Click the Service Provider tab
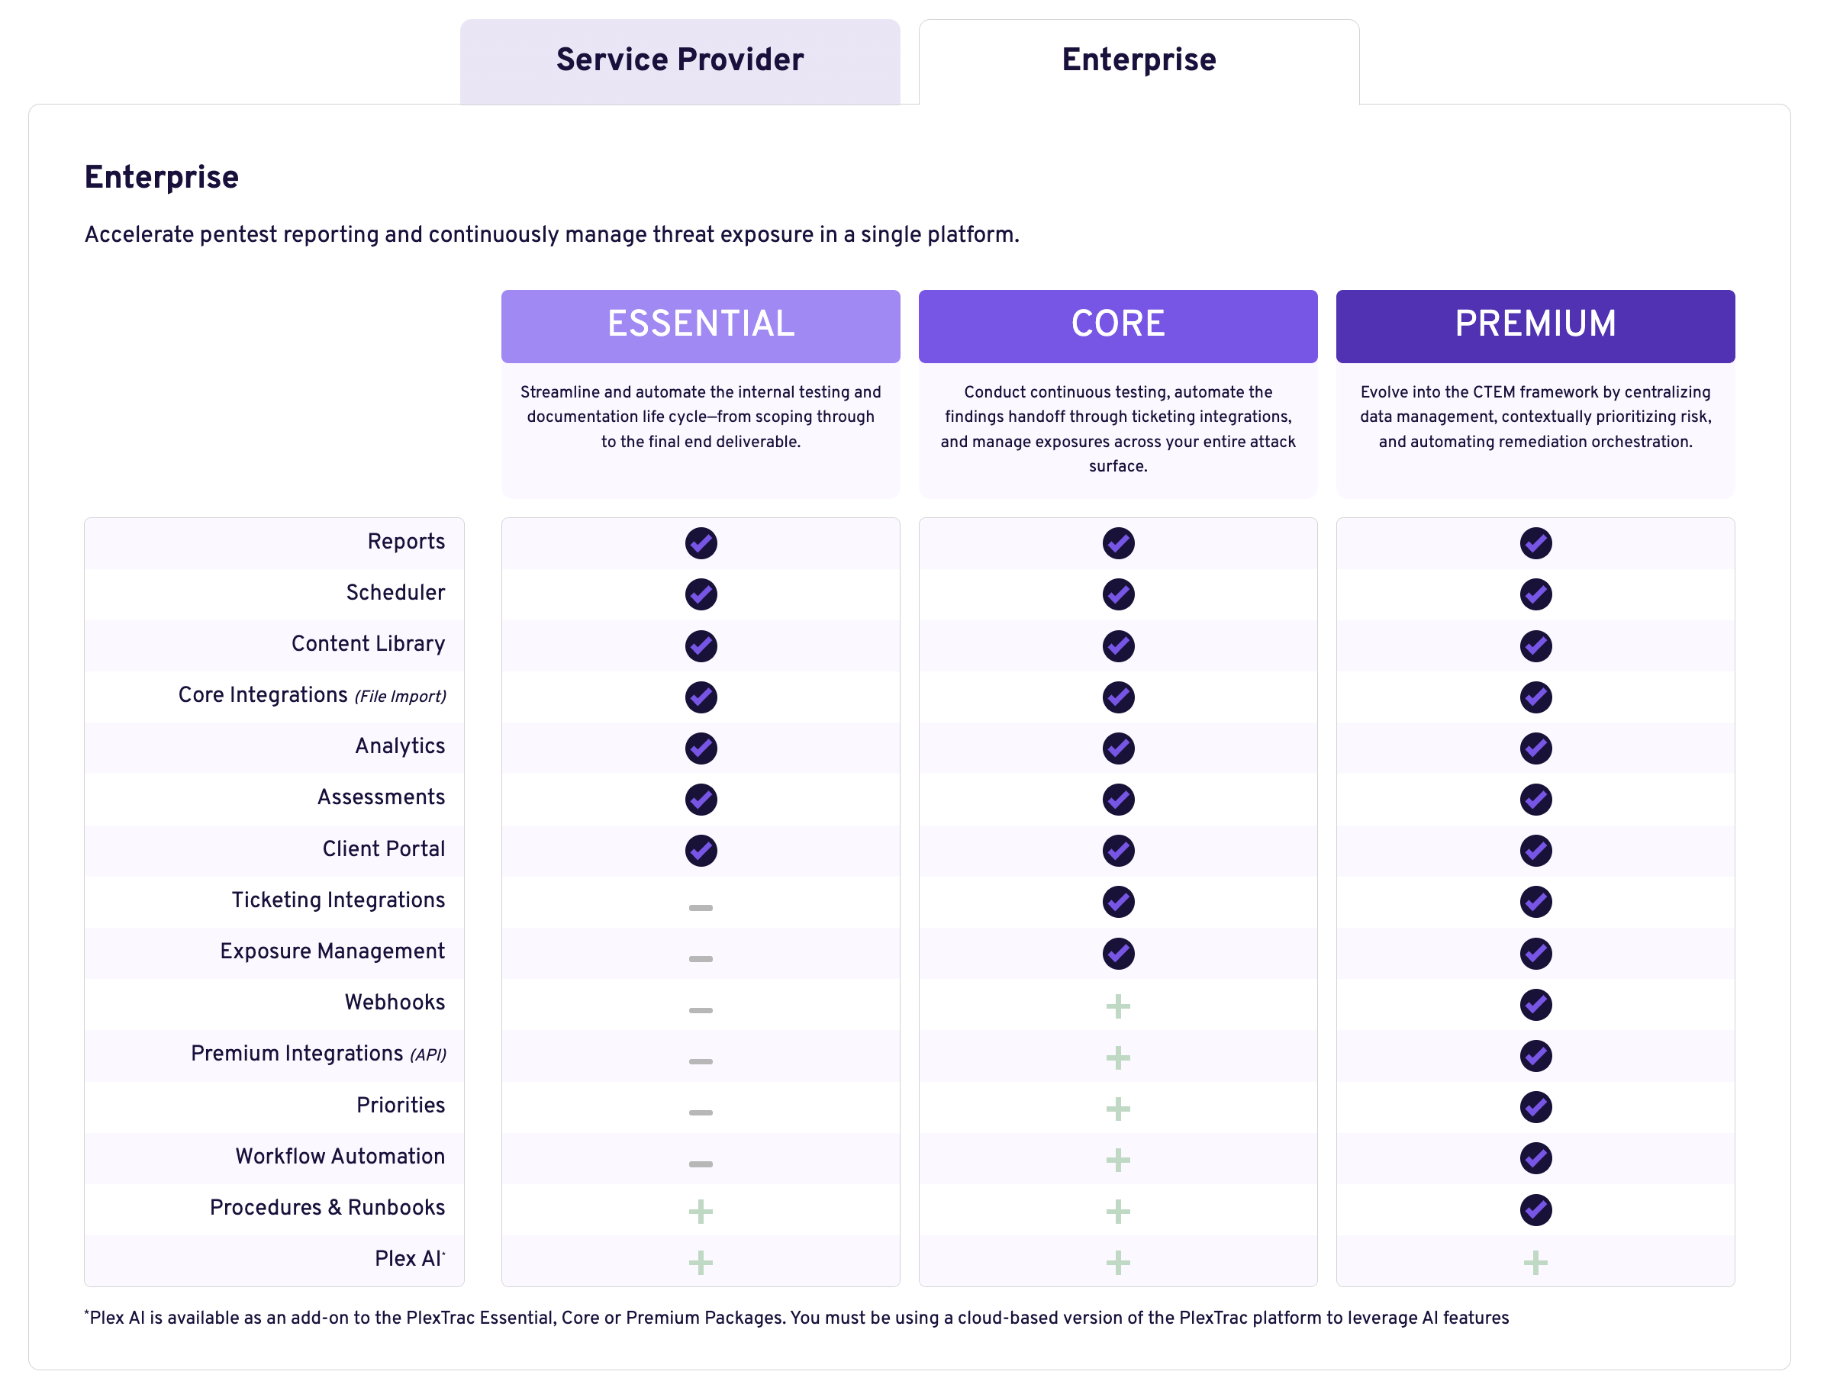679,60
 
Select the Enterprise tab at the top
1138,60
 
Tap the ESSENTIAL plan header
701,324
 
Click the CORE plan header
1117,324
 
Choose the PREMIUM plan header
1535,324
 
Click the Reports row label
405,542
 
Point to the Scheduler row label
395,593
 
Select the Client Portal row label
383,849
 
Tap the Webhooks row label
394,1003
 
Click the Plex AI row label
408,1259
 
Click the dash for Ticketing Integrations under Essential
701,908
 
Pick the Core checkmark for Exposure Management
1117,954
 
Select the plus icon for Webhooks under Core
1117,1007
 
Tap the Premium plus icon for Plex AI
1535,1263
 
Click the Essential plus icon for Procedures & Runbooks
701,1212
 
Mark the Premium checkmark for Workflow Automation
1535,1159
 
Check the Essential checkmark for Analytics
701,749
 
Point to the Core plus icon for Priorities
1117,1109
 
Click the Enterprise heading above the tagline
162,178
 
